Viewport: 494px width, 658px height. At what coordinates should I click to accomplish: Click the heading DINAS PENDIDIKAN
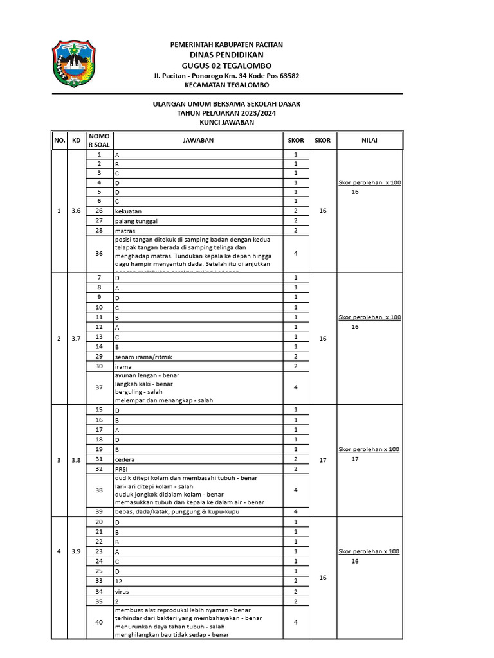tap(226, 55)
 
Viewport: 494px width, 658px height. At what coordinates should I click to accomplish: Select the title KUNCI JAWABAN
tap(226, 122)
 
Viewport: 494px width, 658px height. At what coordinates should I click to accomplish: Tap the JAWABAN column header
tap(198, 140)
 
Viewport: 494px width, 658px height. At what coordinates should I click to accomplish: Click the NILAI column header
tap(369, 140)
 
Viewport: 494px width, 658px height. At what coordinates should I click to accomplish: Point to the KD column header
tap(76, 140)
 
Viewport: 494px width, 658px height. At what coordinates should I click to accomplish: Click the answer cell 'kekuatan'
tap(129, 211)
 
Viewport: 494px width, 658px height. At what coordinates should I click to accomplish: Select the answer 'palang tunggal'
tap(135, 220)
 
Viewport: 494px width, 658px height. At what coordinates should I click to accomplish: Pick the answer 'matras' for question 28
tap(125, 230)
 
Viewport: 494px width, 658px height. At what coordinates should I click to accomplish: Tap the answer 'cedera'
tap(125, 459)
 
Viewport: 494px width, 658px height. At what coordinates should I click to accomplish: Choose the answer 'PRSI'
tap(122, 469)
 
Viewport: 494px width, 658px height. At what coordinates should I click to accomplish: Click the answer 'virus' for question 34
tap(123, 591)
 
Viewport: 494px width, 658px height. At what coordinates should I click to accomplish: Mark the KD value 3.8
tap(76, 460)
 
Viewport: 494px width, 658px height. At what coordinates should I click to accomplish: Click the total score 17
tap(323, 460)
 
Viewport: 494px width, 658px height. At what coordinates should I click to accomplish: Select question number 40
tap(99, 622)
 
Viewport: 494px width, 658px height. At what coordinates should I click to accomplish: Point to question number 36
tap(99, 253)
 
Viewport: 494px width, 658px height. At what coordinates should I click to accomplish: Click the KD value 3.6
tap(76, 211)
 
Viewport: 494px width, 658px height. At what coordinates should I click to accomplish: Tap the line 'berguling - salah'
tap(139, 391)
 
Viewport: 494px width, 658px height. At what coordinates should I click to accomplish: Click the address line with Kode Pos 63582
tap(226, 75)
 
